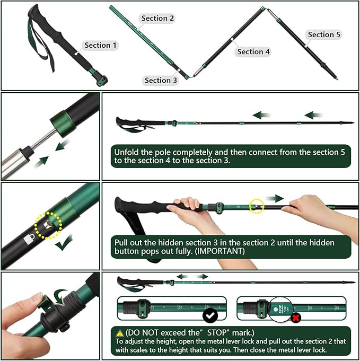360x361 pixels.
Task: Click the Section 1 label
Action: (101, 45)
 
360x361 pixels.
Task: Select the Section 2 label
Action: (157, 19)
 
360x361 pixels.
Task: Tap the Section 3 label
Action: (161, 81)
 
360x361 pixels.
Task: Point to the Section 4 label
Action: (253, 51)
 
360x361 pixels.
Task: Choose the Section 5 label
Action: (324, 34)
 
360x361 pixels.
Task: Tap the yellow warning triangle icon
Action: (121, 332)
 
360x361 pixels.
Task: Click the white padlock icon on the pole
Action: (29, 239)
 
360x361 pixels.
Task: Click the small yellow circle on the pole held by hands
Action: (257, 206)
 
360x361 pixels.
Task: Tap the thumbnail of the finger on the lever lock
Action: (37, 298)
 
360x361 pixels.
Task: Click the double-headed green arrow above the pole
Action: (192, 277)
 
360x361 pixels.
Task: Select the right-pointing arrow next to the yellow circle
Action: (275, 198)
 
